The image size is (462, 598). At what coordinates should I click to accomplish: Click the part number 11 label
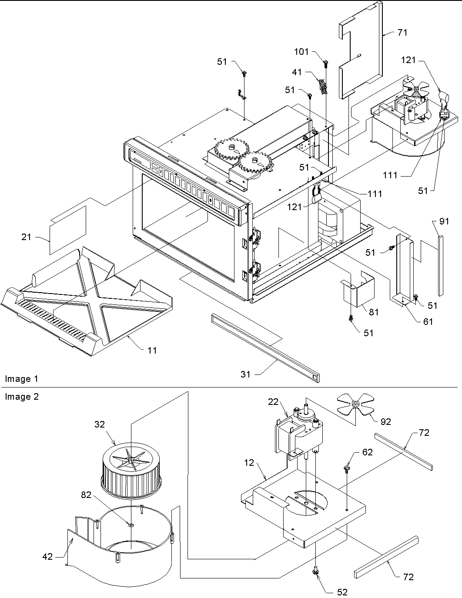pos(152,350)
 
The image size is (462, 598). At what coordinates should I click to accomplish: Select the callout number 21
pos(27,237)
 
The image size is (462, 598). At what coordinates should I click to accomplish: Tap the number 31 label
pos(246,374)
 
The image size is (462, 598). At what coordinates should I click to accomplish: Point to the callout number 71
pos(402,32)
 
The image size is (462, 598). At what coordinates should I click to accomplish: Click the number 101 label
pos(301,52)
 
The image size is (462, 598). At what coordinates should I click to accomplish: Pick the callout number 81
pos(374,312)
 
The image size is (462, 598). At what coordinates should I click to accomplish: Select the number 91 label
pos(444,221)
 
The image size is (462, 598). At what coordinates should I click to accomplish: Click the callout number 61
pos(428,321)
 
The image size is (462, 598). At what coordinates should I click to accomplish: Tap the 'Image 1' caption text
pos(21,379)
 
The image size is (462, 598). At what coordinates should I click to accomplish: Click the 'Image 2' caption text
pos(21,397)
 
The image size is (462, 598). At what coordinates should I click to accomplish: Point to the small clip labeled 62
pos(347,468)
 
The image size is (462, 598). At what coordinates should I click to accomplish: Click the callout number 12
pos(249,463)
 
